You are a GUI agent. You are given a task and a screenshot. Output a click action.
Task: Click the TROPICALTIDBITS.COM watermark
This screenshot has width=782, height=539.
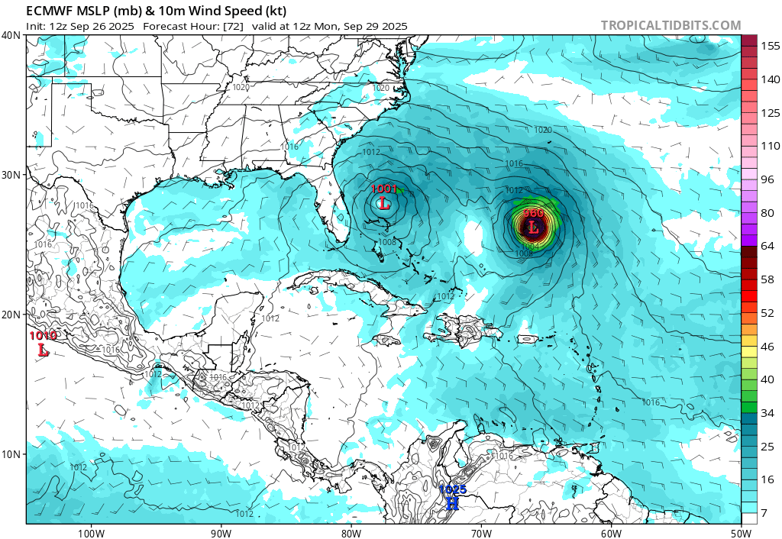coord(671,25)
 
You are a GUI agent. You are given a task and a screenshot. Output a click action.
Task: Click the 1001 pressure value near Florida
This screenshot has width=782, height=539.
coord(383,189)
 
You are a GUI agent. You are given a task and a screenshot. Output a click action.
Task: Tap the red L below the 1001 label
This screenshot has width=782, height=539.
coord(384,204)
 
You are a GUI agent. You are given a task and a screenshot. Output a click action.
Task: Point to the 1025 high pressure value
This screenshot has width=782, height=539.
coord(452,489)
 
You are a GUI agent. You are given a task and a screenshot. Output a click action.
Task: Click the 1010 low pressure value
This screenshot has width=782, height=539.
coord(43,335)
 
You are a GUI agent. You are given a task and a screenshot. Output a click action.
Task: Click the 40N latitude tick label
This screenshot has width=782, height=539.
coord(11,35)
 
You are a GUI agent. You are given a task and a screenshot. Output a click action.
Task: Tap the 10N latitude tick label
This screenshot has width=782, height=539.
coord(11,454)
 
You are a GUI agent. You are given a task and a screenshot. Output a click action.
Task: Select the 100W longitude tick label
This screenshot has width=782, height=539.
coord(90,532)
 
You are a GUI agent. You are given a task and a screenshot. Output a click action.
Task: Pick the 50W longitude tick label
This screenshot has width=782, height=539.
coord(741,532)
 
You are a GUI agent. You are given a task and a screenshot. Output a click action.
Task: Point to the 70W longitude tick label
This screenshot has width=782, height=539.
coord(481,532)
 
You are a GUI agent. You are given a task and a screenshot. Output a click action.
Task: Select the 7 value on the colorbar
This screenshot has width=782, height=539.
coord(764,512)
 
